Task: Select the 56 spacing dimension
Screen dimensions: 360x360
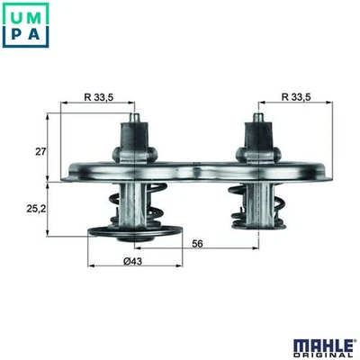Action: tap(196, 242)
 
